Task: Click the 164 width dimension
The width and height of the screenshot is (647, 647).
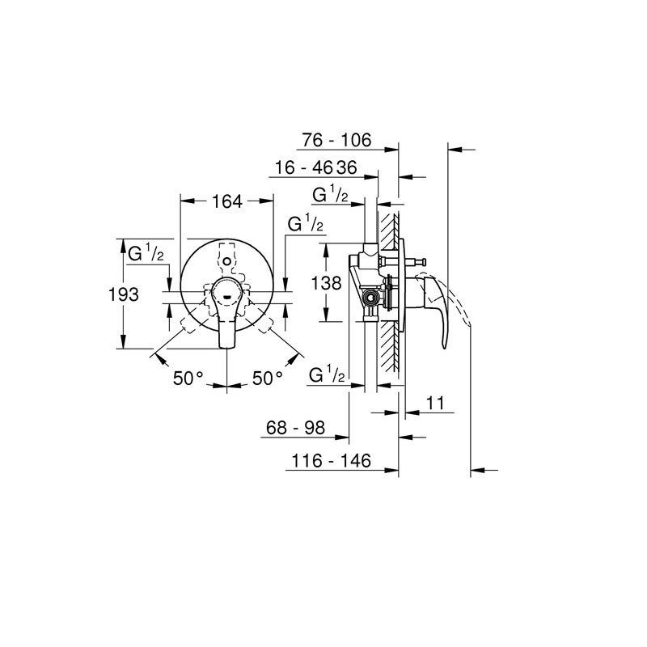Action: [227, 201]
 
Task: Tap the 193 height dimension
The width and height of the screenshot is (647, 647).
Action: [124, 294]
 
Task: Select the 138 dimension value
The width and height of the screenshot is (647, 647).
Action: [326, 283]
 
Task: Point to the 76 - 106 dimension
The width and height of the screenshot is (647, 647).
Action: [336, 140]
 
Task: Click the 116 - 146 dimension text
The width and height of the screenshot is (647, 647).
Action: [332, 460]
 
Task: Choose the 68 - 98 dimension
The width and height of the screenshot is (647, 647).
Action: [295, 428]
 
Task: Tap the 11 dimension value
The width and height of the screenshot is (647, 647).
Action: [434, 403]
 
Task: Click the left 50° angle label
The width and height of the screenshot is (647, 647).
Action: [188, 378]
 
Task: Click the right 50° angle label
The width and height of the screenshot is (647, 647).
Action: [268, 378]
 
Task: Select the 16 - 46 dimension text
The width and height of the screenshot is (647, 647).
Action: [304, 168]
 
